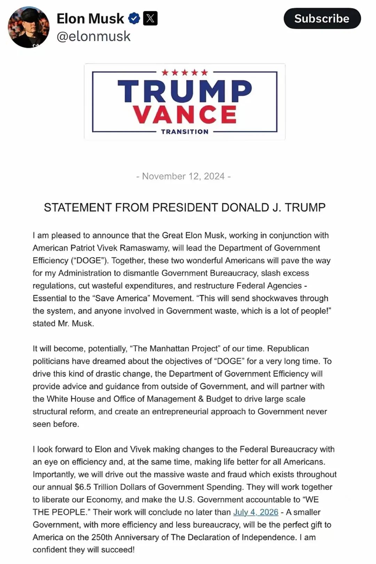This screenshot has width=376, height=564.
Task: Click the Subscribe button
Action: [x=322, y=18]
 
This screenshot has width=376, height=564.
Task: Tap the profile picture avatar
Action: [x=29, y=27]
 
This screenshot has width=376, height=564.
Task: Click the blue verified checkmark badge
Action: [x=134, y=18]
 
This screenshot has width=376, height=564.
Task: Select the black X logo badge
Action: [x=150, y=18]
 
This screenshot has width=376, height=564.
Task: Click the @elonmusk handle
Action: [x=93, y=37]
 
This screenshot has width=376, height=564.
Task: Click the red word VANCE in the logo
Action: [x=185, y=114]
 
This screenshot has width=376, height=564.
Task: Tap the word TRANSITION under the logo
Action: [x=185, y=132]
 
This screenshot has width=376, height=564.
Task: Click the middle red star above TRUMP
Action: [x=185, y=72]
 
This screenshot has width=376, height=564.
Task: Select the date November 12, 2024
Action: [x=183, y=176]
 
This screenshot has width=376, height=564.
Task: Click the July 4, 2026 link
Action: [x=256, y=512]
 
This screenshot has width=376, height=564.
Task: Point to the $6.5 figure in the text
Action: [x=83, y=487]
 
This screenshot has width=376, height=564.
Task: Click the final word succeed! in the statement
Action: [x=118, y=550]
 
